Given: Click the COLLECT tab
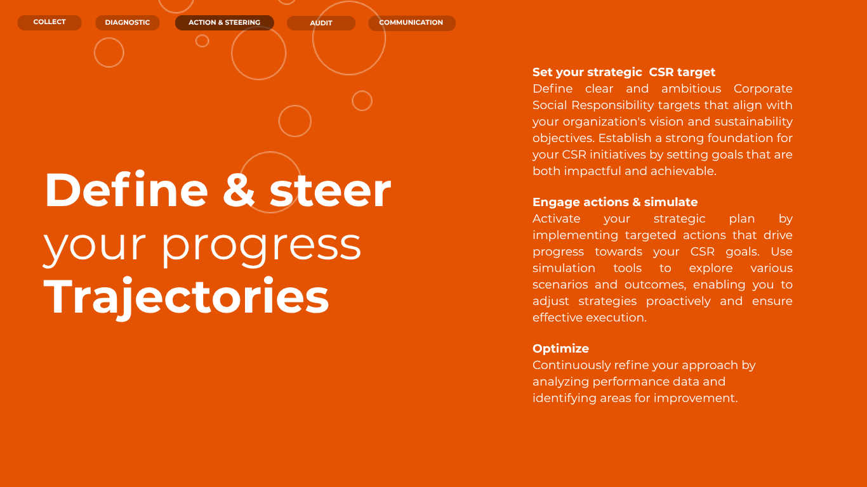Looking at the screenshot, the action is tap(50, 22).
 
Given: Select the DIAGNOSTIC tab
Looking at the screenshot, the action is tap(128, 23).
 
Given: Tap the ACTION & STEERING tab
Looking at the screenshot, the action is tap(225, 23).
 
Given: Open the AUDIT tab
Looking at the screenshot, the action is tap(321, 23).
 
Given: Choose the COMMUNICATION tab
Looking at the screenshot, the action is tap(412, 23).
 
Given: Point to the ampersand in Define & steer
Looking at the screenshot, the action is tap(239, 190).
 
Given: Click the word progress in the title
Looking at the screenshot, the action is tap(261, 247).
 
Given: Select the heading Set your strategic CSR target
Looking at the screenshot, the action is tap(624, 72).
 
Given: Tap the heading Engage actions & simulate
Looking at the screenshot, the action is tap(615, 202).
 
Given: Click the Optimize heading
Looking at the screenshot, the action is tap(561, 349).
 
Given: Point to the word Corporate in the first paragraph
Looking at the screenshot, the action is tap(763, 89).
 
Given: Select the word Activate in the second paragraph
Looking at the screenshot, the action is tap(557, 219).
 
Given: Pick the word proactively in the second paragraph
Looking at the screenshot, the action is tap(678, 301).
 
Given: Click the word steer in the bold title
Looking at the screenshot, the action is tap(330, 191).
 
